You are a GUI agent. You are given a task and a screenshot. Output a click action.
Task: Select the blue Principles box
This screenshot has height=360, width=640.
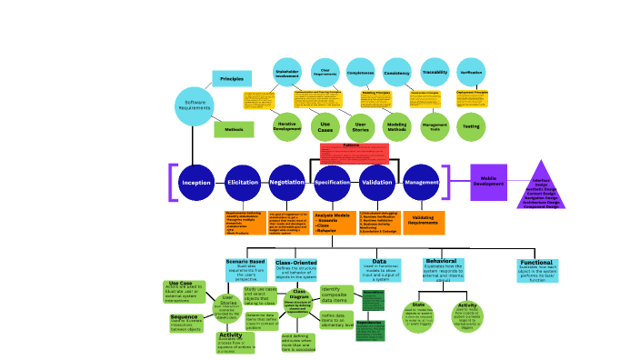pyautogui.click(x=232, y=80)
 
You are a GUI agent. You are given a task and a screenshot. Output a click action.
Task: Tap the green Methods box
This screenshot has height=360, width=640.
pyautogui.click(x=234, y=130)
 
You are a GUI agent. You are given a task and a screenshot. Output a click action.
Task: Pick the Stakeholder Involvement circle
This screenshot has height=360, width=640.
pyautogui.click(x=287, y=73)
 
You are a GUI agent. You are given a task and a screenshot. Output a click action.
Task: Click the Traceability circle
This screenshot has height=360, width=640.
pyautogui.click(x=435, y=73)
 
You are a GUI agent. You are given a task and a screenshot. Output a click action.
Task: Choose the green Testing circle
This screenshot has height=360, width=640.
pyautogui.click(x=471, y=126)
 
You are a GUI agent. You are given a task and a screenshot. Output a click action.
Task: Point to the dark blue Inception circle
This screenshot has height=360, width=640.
pyautogui.click(x=196, y=183)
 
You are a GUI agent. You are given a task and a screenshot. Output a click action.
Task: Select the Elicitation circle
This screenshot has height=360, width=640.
pyautogui.click(x=243, y=183)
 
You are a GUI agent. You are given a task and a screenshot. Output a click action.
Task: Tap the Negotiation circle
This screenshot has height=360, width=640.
pyautogui.click(x=287, y=183)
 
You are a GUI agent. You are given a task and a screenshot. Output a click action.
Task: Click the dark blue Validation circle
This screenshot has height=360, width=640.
pyautogui.click(x=377, y=183)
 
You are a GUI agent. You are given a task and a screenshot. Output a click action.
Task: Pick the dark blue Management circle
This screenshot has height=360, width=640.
pyautogui.click(x=422, y=183)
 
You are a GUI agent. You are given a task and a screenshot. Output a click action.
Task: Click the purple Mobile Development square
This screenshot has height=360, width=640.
pyautogui.click(x=488, y=182)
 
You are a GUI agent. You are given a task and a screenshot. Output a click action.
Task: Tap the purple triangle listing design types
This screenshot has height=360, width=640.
pyautogui.click(x=541, y=186)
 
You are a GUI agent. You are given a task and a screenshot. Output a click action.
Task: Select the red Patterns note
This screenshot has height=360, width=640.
pyautogui.click(x=354, y=151)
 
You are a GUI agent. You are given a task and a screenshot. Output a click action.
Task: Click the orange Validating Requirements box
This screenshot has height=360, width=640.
pyautogui.click(x=424, y=222)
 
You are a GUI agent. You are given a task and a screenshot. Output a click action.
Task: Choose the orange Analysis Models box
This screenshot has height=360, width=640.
pyautogui.click(x=333, y=223)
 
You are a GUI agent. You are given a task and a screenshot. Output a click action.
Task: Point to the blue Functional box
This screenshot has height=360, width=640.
pyautogui.click(x=536, y=270)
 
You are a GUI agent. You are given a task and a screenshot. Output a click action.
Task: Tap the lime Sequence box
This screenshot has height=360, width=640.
pyautogui.click(x=185, y=321)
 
